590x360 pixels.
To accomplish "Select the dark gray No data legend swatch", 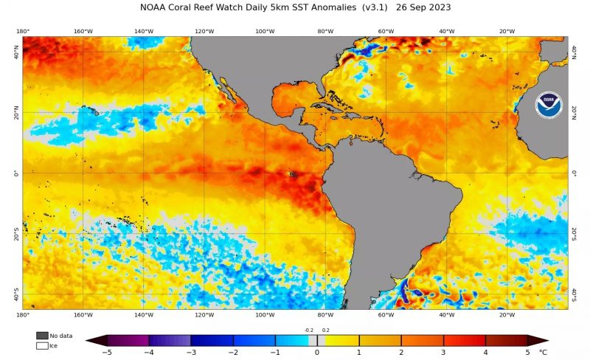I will (42, 336).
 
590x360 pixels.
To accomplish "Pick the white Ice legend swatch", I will (42, 345).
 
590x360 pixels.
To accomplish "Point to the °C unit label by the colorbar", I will (543, 353).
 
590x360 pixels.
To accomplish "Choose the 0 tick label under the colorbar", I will (317, 353).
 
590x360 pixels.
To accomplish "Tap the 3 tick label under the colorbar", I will (443, 353).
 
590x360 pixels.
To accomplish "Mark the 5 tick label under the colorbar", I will (527, 353).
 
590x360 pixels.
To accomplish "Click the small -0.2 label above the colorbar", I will (309, 330).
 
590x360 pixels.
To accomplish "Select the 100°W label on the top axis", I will (265, 32).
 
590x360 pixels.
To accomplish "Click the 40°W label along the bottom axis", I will (446, 315).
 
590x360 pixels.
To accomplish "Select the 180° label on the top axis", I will (23, 32).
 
